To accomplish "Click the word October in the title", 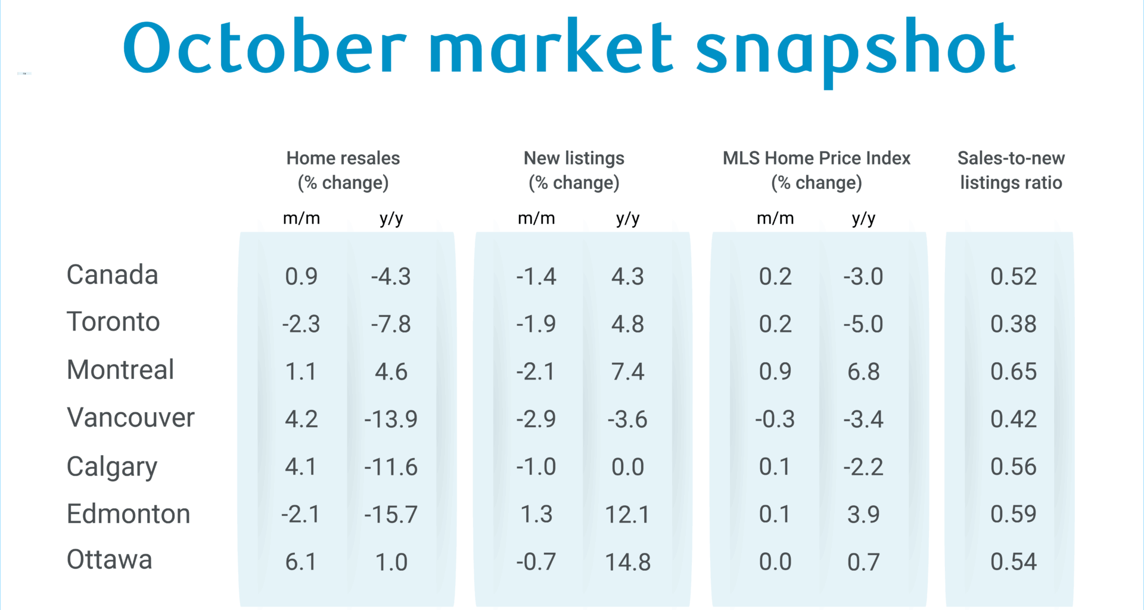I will (x=264, y=48).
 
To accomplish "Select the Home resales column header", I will (x=343, y=170).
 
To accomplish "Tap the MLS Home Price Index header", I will (x=816, y=170).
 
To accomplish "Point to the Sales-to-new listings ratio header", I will (x=1011, y=170).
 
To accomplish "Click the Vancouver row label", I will (x=130, y=418).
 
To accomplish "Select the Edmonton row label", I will (x=128, y=513).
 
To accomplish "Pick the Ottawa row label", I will (x=109, y=560).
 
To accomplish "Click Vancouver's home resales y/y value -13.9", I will (x=391, y=419).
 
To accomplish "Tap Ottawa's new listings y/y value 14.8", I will (x=627, y=562).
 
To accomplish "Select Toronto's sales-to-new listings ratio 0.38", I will (x=1013, y=324).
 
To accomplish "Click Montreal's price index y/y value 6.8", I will (x=863, y=372).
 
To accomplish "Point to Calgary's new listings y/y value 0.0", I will (x=627, y=467).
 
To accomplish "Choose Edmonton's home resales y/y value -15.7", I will (x=391, y=515).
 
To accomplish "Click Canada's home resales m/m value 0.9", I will (x=301, y=276).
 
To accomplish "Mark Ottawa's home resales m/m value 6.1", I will (x=301, y=562).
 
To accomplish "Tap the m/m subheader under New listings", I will (x=536, y=219).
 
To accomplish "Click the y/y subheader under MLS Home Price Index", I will (x=863, y=219).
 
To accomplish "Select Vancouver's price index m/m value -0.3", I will (x=775, y=419).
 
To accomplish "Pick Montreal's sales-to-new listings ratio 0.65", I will (x=1013, y=372).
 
